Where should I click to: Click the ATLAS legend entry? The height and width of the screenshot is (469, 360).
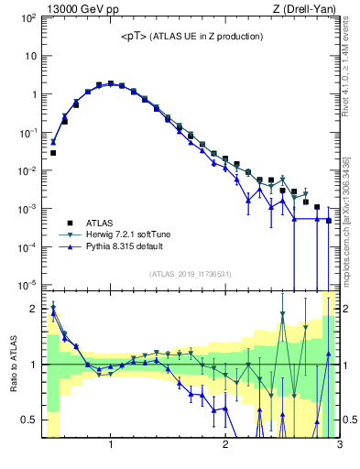tap(102, 223)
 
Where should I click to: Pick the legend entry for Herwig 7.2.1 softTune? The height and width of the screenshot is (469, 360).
tap(134, 235)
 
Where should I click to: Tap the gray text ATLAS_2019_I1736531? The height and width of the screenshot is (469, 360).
tap(191, 274)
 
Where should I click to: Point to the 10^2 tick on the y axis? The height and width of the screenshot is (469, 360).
tap(28, 17)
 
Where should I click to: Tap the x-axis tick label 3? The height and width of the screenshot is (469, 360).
tap(339, 445)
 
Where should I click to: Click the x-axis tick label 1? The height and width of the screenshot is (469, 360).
tap(111, 445)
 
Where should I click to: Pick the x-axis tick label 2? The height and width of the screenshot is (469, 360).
tap(225, 445)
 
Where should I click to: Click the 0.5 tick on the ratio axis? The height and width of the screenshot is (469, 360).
tap(30, 420)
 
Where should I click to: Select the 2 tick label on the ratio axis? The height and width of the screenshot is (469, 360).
tap(35, 309)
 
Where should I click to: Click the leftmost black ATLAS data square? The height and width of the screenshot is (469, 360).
tap(53, 153)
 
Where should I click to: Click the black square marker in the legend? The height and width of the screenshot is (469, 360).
tap(68, 223)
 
